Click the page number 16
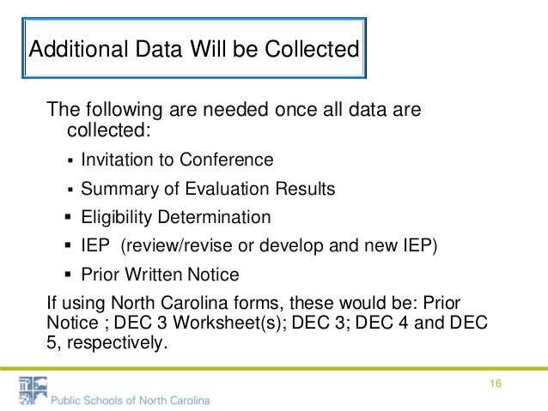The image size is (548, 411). point(496,383)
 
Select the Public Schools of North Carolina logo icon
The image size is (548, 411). point(33,390)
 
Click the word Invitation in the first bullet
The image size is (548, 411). point(113,160)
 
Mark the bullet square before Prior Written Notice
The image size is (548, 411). point(70,275)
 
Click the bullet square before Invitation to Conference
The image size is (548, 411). point(70,160)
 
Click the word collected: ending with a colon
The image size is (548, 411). point(107,130)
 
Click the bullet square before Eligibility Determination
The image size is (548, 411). point(70,218)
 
